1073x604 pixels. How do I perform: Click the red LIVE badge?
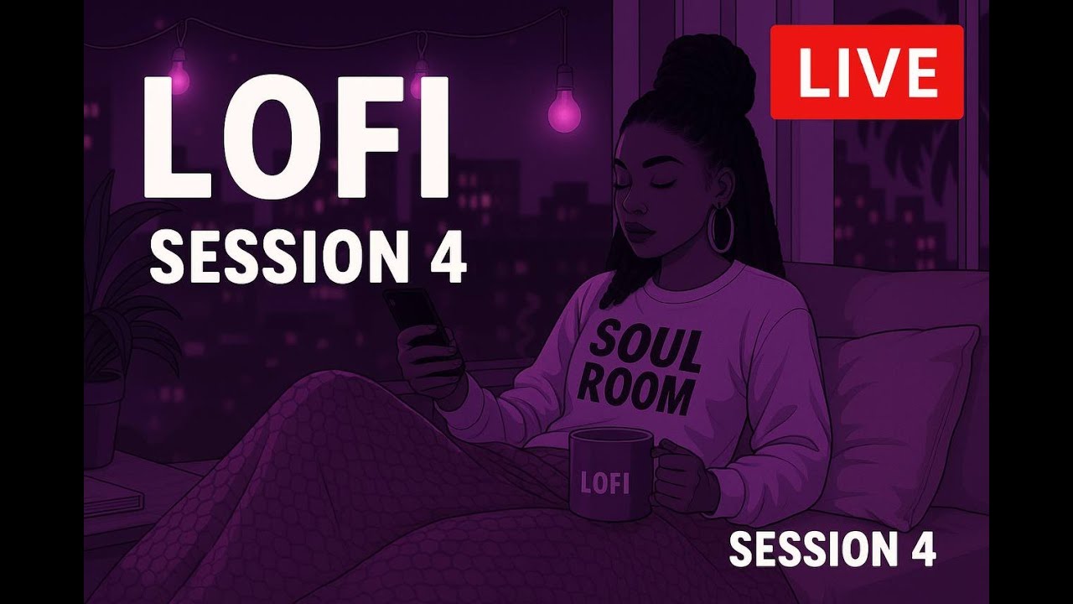pos(867,72)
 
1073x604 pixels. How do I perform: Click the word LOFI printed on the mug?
pos(604,483)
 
